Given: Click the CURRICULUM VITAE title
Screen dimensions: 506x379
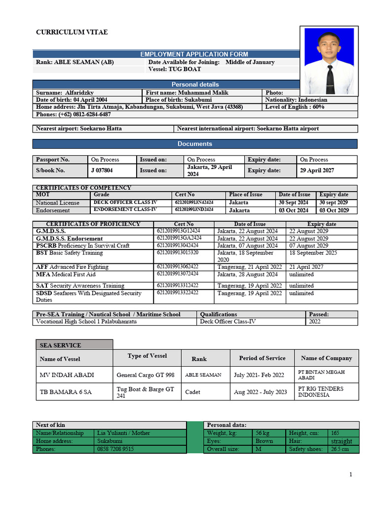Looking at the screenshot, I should pos(72,33).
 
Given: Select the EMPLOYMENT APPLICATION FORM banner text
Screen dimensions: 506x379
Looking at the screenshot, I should pos(194,54).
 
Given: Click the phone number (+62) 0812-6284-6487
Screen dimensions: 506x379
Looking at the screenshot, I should pos(73,115).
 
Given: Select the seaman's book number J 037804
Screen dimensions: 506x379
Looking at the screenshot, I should pos(102,170).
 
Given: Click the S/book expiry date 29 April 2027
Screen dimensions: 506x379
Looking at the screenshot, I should pos(317,170).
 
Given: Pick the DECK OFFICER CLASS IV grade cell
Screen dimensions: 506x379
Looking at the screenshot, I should pos(118,203).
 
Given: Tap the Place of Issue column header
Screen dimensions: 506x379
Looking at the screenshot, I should pos(246,195).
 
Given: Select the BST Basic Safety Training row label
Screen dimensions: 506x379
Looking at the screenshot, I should pos(69,253).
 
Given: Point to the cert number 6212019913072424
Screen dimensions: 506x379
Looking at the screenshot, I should pos(178,274).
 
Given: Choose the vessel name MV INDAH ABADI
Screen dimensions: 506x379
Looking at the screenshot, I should pos(67,375).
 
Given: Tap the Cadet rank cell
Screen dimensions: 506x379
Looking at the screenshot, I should pos(193,392).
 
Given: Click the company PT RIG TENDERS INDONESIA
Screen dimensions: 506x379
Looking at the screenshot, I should pos(321,392).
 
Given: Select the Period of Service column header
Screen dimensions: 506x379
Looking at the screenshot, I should pos(262,358).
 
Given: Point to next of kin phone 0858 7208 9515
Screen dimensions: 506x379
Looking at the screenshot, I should pos(115,449).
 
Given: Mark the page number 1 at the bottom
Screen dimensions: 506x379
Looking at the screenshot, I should pos(351,475).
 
